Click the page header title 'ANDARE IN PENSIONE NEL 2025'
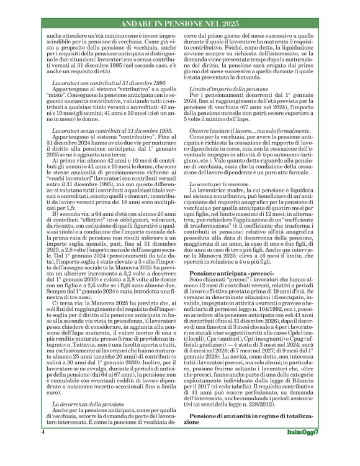(x=180, y=23)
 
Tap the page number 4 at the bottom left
(x=43, y=447)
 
